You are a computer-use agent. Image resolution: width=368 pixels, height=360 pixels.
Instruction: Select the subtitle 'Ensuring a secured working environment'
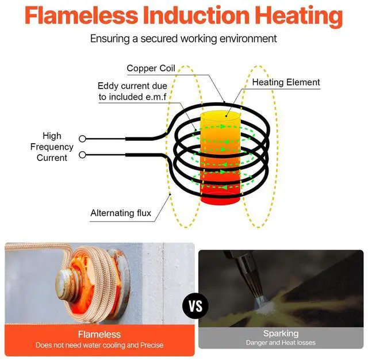(x=183, y=39)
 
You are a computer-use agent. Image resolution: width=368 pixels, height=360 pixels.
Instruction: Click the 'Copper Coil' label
(x=151, y=68)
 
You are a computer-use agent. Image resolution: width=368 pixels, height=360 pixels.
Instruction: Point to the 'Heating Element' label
(x=286, y=82)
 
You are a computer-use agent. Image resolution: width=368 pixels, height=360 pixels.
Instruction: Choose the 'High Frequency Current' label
(x=52, y=147)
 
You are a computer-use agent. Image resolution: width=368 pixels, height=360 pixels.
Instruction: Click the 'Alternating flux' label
(x=121, y=213)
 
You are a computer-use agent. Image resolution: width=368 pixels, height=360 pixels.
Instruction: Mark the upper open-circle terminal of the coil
(x=83, y=139)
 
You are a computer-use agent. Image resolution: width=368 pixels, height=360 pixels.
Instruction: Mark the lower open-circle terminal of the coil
(x=83, y=155)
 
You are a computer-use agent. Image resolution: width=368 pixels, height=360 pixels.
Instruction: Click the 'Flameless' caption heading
(x=99, y=334)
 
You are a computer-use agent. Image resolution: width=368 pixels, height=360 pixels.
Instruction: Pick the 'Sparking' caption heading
(x=281, y=334)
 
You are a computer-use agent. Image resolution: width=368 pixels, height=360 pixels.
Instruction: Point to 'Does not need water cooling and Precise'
(x=99, y=345)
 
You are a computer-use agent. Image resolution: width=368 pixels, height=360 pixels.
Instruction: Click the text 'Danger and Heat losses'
(x=281, y=343)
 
